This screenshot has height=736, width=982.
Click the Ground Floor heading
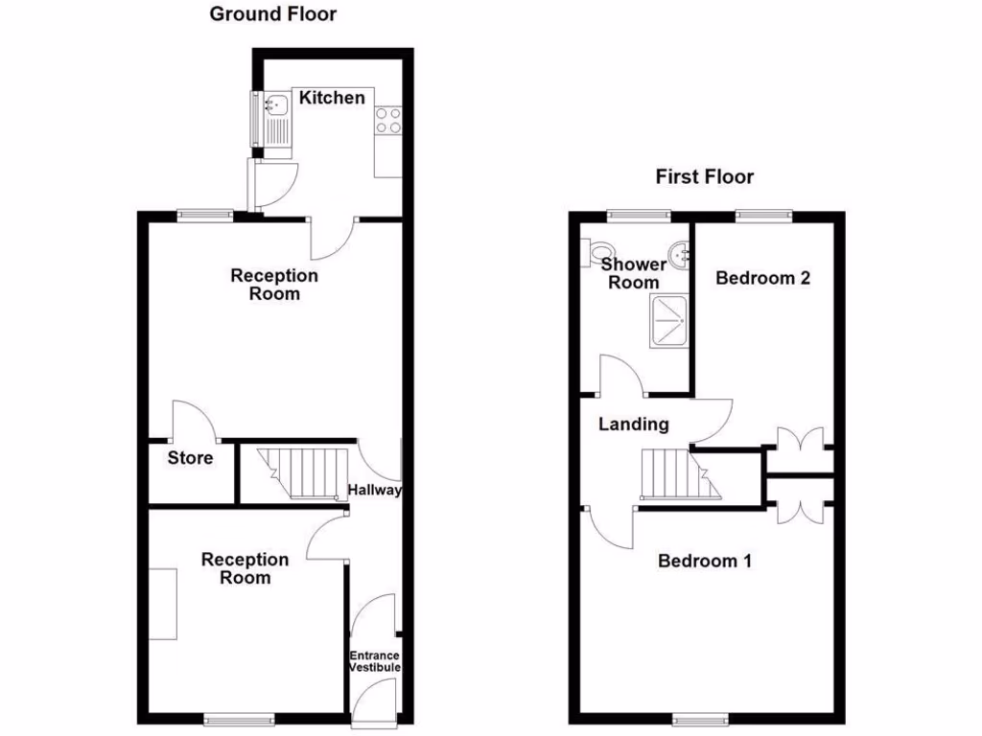(x=273, y=13)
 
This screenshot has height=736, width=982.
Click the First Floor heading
(x=704, y=176)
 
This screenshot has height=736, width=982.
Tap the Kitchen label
(x=332, y=98)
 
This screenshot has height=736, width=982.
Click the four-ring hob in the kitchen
(x=388, y=120)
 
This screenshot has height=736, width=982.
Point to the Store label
(x=190, y=458)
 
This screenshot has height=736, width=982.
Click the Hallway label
(x=374, y=491)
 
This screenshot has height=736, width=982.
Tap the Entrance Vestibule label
(x=374, y=661)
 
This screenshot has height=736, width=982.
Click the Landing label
(x=634, y=424)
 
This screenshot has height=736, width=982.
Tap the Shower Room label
(x=634, y=273)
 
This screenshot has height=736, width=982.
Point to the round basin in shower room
(x=679, y=255)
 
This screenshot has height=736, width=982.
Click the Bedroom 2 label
(x=763, y=278)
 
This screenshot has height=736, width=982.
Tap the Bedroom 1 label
(x=704, y=561)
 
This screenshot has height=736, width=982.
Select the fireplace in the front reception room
(x=163, y=604)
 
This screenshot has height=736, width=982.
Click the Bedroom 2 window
(x=763, y=216)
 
